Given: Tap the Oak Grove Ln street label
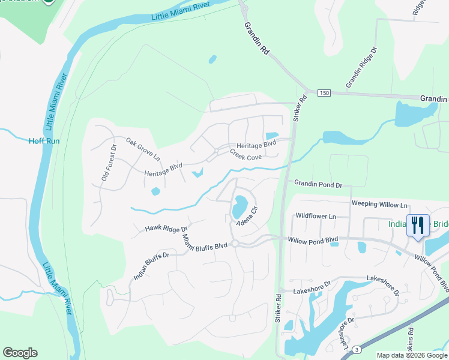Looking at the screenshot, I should [x=143, y=149].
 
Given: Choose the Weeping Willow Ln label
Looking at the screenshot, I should [x=379, y=204].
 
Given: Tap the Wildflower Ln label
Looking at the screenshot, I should [x=315, y=216].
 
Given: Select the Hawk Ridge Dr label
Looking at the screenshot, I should [x=166, y=229].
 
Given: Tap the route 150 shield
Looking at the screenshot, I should [x=324, y=93].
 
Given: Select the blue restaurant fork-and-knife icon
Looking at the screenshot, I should [x=416, y=226].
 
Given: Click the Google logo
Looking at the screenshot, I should [x=20, y=353].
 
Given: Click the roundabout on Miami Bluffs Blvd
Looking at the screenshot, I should [x=235, y=243].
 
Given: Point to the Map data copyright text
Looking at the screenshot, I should [x=412, y=355].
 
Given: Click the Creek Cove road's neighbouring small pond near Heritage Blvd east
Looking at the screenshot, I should [x=271, y=136].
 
